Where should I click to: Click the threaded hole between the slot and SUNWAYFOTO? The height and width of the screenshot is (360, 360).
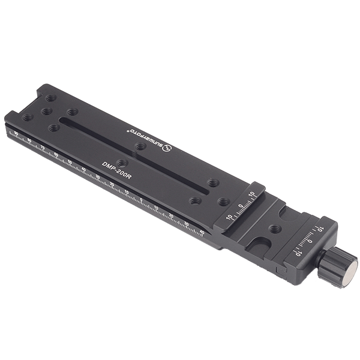[140, 146]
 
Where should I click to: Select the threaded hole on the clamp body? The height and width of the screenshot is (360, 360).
[274, 229]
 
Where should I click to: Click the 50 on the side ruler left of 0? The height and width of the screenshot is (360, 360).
[70, 163]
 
